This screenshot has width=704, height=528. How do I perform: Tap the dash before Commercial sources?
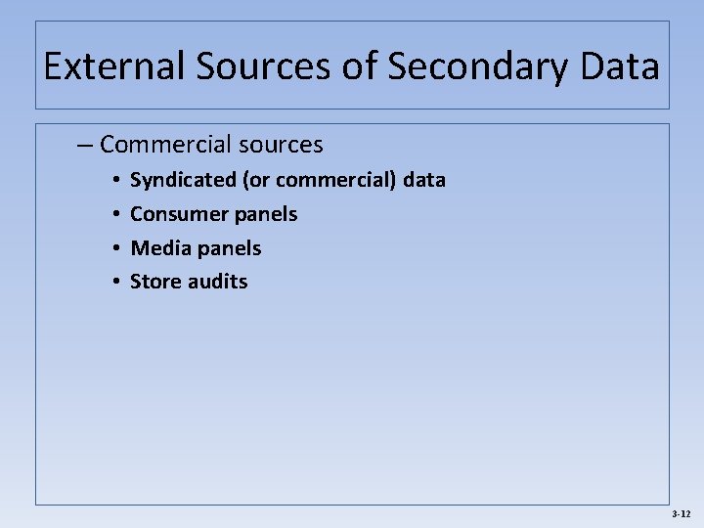pyautogui.click(x=85, y=145)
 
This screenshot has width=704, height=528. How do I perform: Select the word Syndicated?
pyautogui.click(x=183, y=180)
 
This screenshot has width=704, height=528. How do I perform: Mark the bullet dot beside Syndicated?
pyautogui.click(x=114, y=181)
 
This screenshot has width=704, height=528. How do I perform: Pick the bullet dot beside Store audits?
pyautogui.click(x=114, y=283)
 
